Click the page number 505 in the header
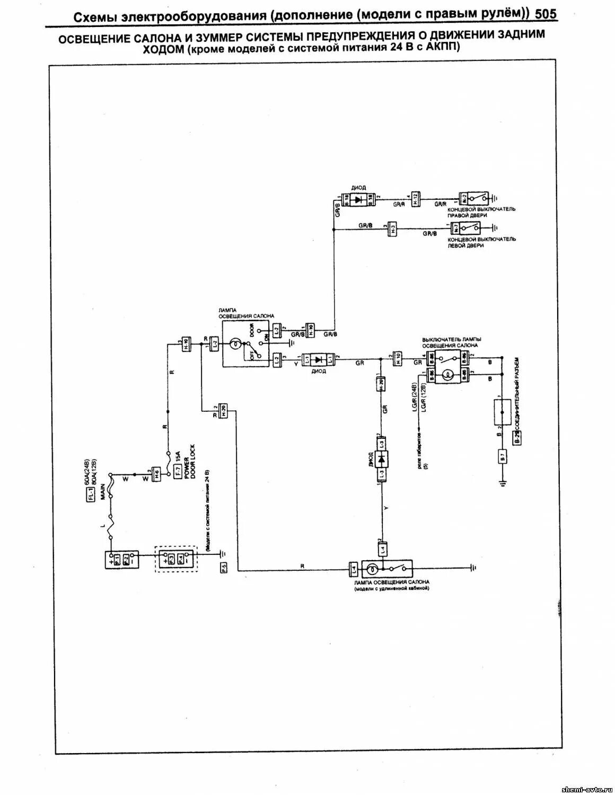(x=546, y=14)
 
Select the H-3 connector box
(x=393, y=228)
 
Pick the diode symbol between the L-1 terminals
(x=318, y=359)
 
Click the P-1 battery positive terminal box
(x=117, y=559)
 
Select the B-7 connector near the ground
(x=502, y=456)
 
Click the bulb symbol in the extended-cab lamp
(x=373, y=570)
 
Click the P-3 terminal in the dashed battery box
(x=170, y=559)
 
